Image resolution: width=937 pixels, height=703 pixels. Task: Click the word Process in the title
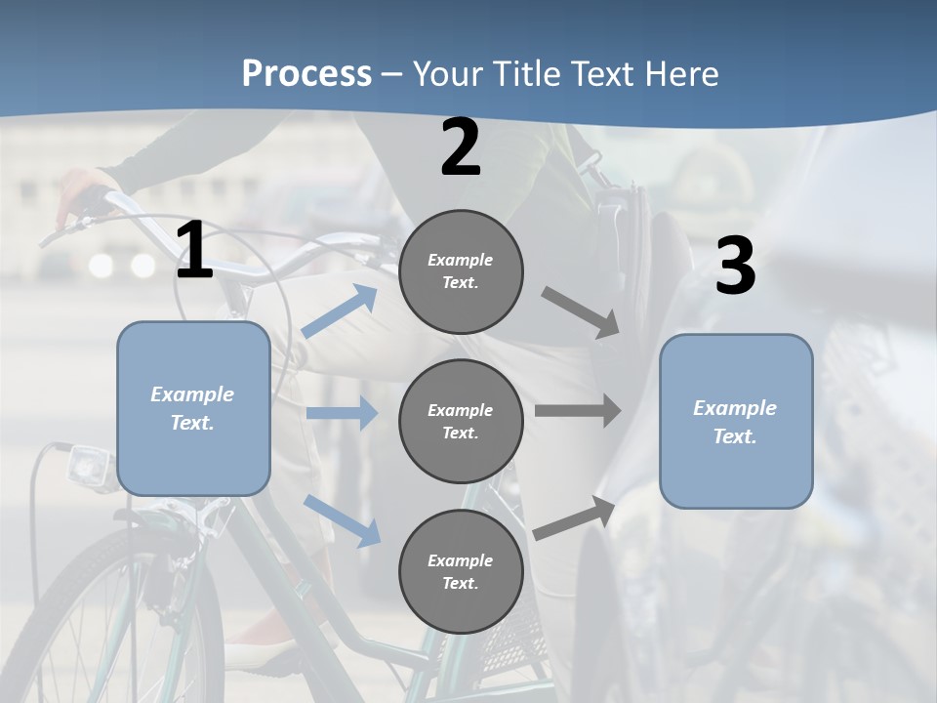tap(306, 74)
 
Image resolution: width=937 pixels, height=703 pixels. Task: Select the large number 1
tap(194, 251)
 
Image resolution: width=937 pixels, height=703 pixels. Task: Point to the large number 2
tap(461, 147)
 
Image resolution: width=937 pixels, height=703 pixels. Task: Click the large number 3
tap(735, 267)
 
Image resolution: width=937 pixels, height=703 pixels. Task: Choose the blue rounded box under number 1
tap(193, 408)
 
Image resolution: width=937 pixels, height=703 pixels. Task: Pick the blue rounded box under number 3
tap(736, 421)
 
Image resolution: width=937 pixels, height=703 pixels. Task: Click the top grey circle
tap(461, 271)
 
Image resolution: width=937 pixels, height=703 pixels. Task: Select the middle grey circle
tap(461, 421)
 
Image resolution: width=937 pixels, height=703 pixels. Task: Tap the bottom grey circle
tap(461, 571)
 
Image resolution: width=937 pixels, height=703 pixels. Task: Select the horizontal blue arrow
tap(342, 413)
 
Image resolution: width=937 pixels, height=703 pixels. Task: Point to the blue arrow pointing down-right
tap(343, 520)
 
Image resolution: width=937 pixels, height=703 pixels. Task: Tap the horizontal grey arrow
tap(577, 410)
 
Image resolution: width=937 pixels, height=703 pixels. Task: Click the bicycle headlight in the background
tap(91, 467)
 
